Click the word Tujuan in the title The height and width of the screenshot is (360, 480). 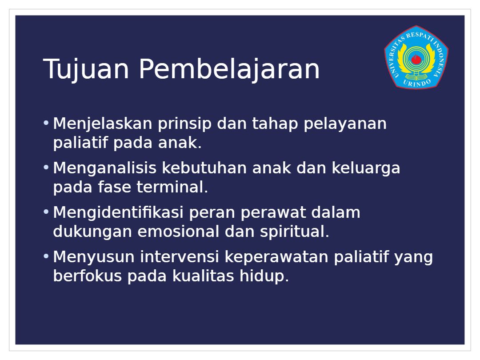tap(86, 69)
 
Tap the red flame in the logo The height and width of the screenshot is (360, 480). tap(416, 59)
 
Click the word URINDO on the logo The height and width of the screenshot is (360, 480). tap(416, 83)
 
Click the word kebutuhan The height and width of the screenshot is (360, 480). tap(204, 168)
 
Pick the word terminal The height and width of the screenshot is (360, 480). tap(172, 187)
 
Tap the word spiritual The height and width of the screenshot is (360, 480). tap(295, 232)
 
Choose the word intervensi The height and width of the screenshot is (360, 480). tap(180, 257)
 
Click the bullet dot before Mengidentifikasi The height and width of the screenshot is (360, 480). tap(46, 212)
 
